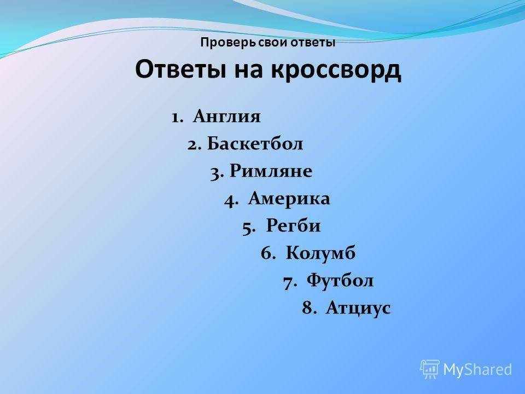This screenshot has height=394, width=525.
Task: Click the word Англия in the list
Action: click(226, 116)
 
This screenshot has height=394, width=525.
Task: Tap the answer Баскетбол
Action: click(255, 143)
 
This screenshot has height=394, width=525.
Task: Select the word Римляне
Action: click(271, 171)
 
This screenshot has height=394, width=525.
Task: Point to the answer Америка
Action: click(289, 198)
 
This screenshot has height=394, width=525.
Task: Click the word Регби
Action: click(293, 226)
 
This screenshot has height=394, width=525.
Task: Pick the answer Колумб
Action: click(321, 253)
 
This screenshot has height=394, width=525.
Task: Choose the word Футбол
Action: click(340, 280)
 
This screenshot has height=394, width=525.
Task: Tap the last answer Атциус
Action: click(358, 308)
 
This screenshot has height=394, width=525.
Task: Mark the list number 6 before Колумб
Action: click(268, 253)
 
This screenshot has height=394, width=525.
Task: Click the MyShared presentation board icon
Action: click(430, 369)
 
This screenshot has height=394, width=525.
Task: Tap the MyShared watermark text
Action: click(477, 369)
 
